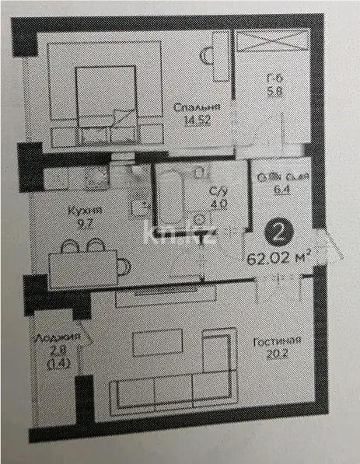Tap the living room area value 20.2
point(280,354)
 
